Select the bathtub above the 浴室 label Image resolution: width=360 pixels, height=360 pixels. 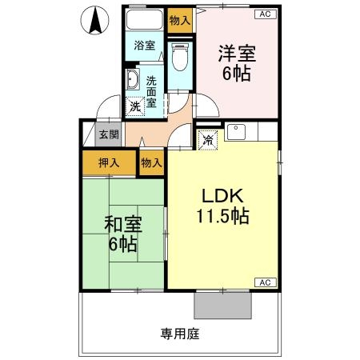[x=144, y=22]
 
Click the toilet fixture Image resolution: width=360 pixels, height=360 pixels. [x=179, y=56]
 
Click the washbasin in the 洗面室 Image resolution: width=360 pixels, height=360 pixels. [x=133, y=82]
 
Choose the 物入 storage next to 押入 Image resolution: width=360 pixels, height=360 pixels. [x=151, y=162]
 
